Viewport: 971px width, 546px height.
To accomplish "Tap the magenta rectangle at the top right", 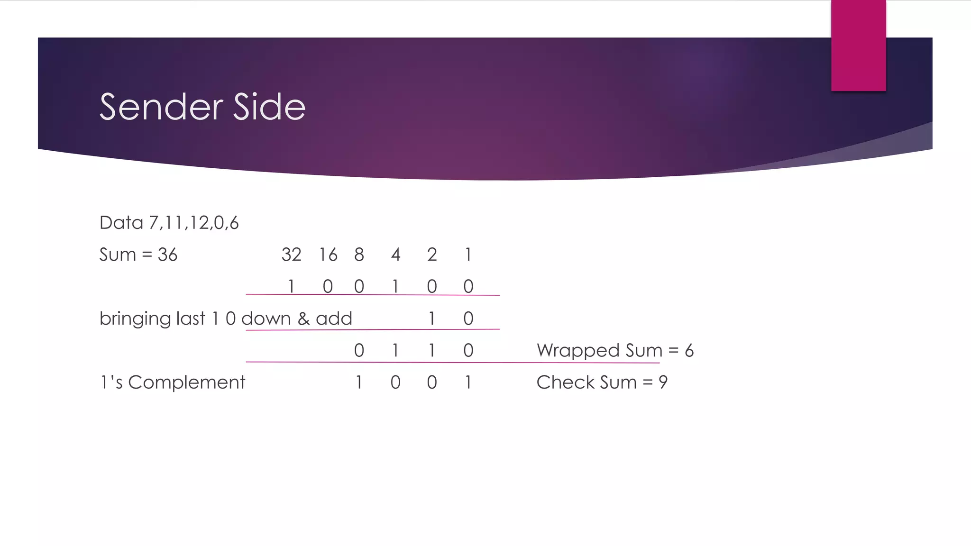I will click(858, 45).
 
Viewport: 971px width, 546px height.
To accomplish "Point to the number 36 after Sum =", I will click(167, 255).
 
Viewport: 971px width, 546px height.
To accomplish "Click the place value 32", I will click(291, 255).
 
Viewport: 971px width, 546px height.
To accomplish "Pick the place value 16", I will click(328, 255).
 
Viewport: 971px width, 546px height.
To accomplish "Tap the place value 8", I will click(359, 255).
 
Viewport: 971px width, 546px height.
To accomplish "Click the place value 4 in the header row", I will click(395, 255).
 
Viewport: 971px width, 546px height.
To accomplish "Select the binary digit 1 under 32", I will click(291, 287).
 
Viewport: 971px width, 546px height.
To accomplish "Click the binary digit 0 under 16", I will click(328, 287).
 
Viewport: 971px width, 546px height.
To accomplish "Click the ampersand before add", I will click(303, 319).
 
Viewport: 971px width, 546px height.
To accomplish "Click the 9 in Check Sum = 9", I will click(663, 382).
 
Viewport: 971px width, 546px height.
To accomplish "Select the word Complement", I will click(186, 382).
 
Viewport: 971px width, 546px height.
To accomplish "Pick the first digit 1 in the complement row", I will click(359, 382).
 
